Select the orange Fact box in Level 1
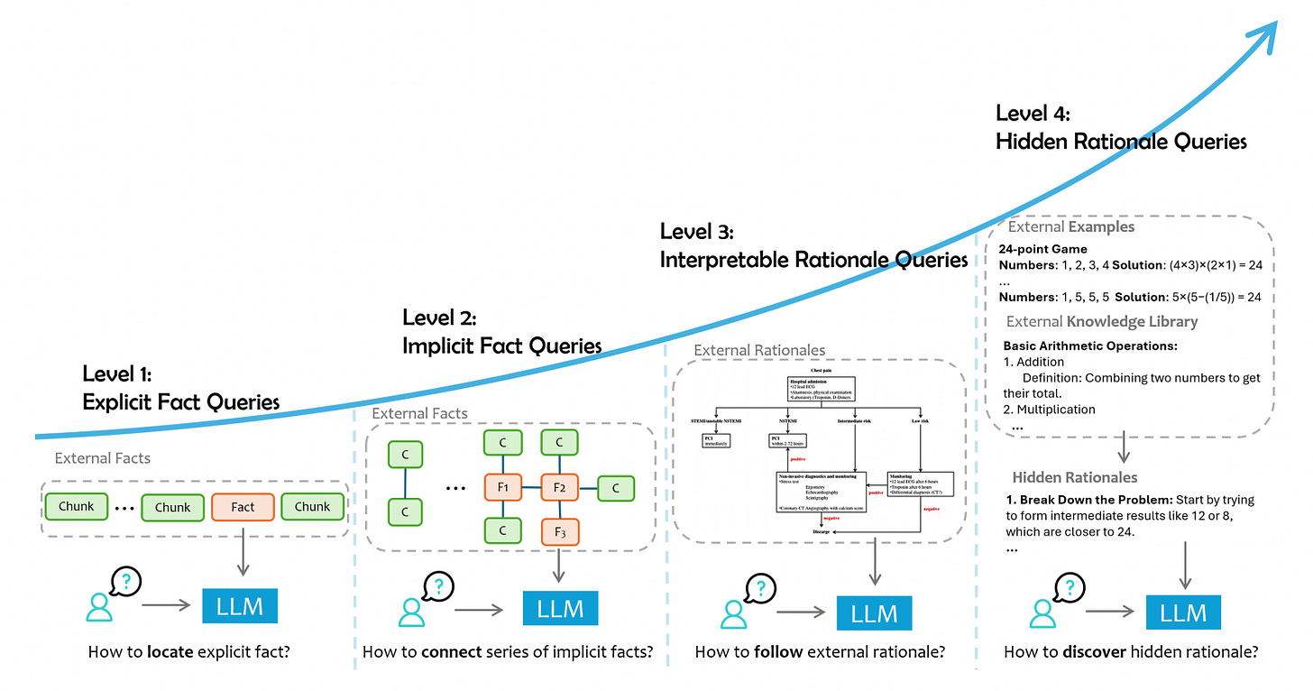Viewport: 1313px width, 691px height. (x=243, y=507)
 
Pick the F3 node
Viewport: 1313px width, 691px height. (x=559, y=532)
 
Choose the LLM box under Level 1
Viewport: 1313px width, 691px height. (x=241, y=606)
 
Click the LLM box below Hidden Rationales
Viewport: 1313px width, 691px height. (x=1183, y=613)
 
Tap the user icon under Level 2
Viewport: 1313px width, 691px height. (x=413, y=613)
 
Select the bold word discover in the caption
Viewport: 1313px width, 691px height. (x=1089, y=652)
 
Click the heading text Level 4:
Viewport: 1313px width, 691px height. (x=1032, y=114)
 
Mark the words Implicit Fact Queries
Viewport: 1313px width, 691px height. (x=502, y=345)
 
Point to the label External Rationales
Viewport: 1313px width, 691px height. (x=759, y=350)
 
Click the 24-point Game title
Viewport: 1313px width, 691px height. (x=1042, y=249)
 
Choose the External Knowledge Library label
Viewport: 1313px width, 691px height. (x=1101, y=321)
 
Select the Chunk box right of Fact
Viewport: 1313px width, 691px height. (x=312, y=507)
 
